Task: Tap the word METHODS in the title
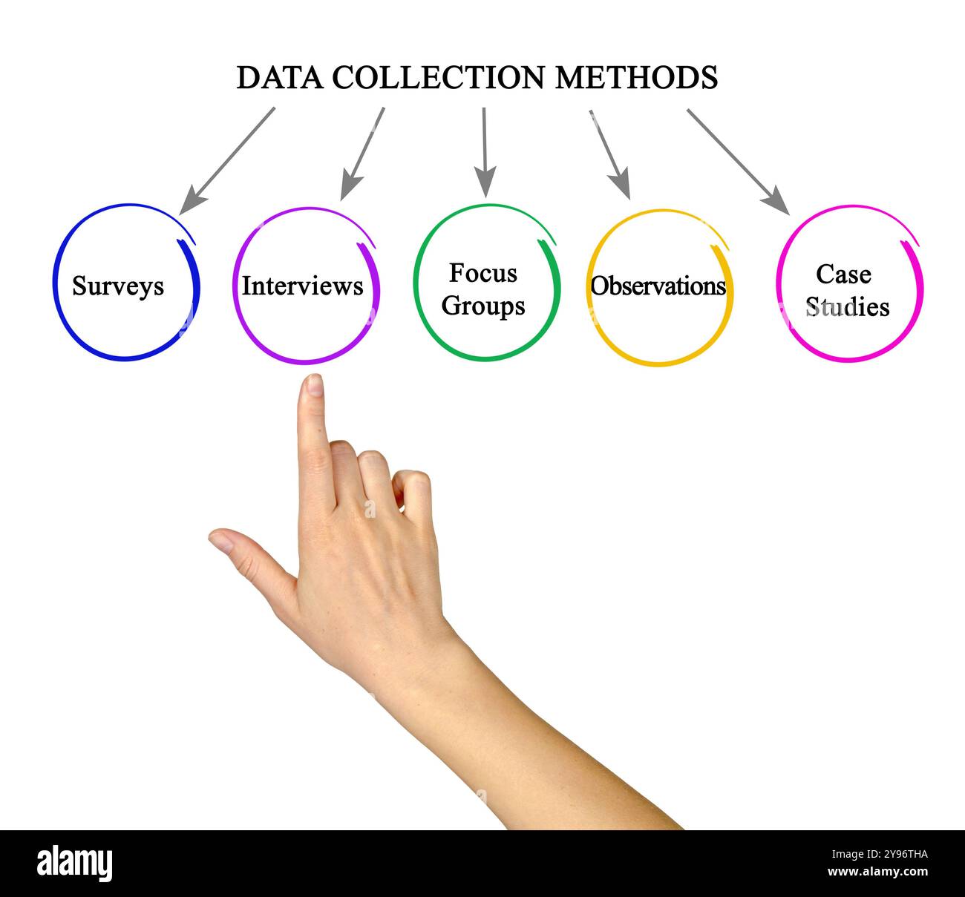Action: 636,78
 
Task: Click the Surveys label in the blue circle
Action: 118,286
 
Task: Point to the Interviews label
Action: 302,286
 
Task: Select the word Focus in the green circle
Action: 482,273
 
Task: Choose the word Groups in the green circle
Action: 483,306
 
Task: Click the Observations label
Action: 658,286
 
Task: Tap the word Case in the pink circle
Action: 843,274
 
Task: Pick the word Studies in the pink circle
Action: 848,306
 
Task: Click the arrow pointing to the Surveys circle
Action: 226,160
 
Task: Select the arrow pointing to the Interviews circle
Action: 363,153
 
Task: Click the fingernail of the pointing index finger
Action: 315,384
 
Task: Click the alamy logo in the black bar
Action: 75,864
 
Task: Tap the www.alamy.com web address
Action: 877,872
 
